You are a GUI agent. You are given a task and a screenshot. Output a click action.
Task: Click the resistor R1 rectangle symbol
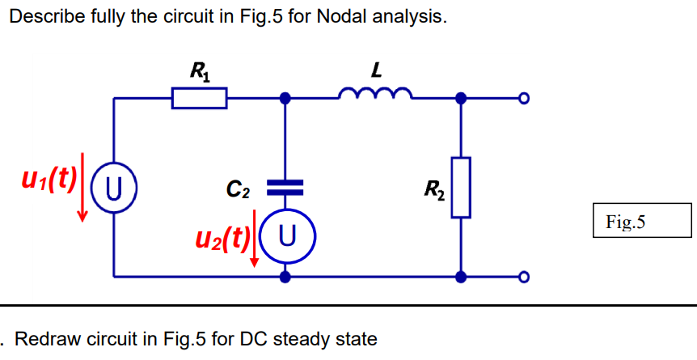pos(199,99)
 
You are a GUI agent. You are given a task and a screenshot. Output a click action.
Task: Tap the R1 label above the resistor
pos(197,72)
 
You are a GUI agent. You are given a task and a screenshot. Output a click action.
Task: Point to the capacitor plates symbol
pos(285,188)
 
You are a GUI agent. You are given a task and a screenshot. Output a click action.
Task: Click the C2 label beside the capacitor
pos(238,191)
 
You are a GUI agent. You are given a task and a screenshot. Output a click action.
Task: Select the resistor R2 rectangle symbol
pos(461,188)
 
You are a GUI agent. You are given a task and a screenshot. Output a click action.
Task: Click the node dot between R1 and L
pos(285,99)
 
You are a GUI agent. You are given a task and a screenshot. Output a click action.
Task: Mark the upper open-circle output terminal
pos(523,99)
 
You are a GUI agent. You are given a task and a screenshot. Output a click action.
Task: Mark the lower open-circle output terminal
pos(523,277)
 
